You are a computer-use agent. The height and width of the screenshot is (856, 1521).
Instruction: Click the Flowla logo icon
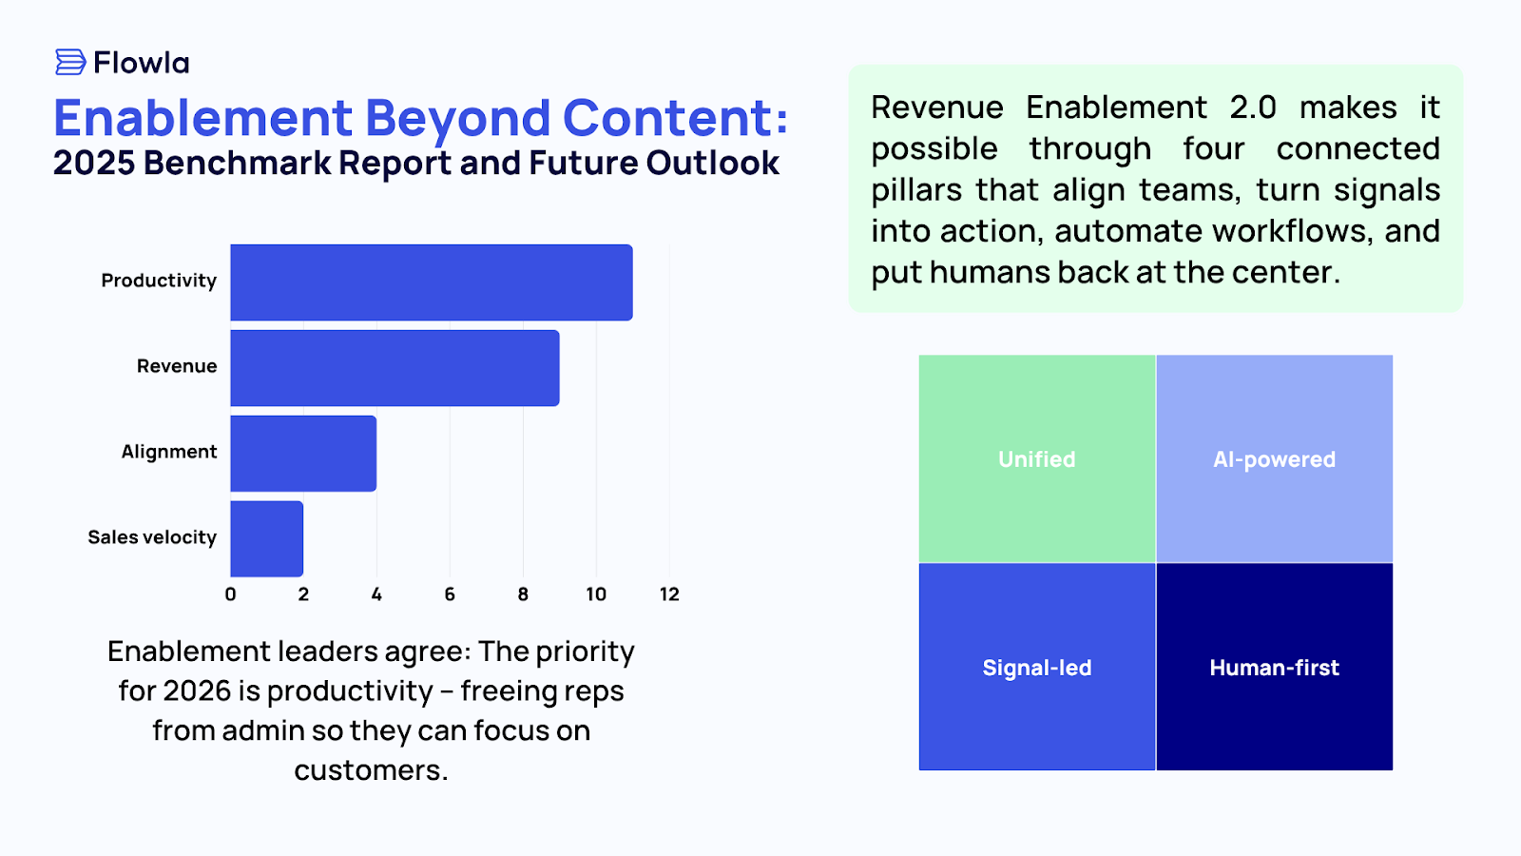tap(70, 63)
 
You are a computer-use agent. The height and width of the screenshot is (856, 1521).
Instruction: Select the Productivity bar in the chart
tap(431, 282)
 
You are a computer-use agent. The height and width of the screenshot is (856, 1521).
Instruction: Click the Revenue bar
tap(395, 368)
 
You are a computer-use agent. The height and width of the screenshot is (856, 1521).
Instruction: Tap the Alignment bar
tap(303, 454)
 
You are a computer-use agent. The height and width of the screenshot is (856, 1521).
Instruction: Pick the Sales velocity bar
tap(266, 539)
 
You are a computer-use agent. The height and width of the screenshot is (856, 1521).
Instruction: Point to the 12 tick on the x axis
tap(669, 594)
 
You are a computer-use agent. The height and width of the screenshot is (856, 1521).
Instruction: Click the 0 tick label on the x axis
tap(230, 594)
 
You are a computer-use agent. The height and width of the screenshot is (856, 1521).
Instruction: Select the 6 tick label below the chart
tap(450, 594)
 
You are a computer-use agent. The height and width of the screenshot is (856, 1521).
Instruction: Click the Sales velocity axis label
tap(152, 537)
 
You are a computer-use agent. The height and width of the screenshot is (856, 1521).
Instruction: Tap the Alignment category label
tap(169, 452)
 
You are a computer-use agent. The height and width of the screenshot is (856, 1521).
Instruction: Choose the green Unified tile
tap(1037, 459)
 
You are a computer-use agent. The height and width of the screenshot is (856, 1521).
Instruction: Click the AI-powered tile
tap(1274, 459)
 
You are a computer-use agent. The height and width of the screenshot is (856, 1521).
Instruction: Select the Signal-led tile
tap(1037, 668)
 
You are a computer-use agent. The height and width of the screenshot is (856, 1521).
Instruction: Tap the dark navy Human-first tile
tap(1274, 668)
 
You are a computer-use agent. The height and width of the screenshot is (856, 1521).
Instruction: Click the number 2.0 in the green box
tap(1253, 107)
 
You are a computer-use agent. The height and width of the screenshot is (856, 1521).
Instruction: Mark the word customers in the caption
tap(369, 770)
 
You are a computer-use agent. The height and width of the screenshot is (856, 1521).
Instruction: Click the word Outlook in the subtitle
tap(713, 164)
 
